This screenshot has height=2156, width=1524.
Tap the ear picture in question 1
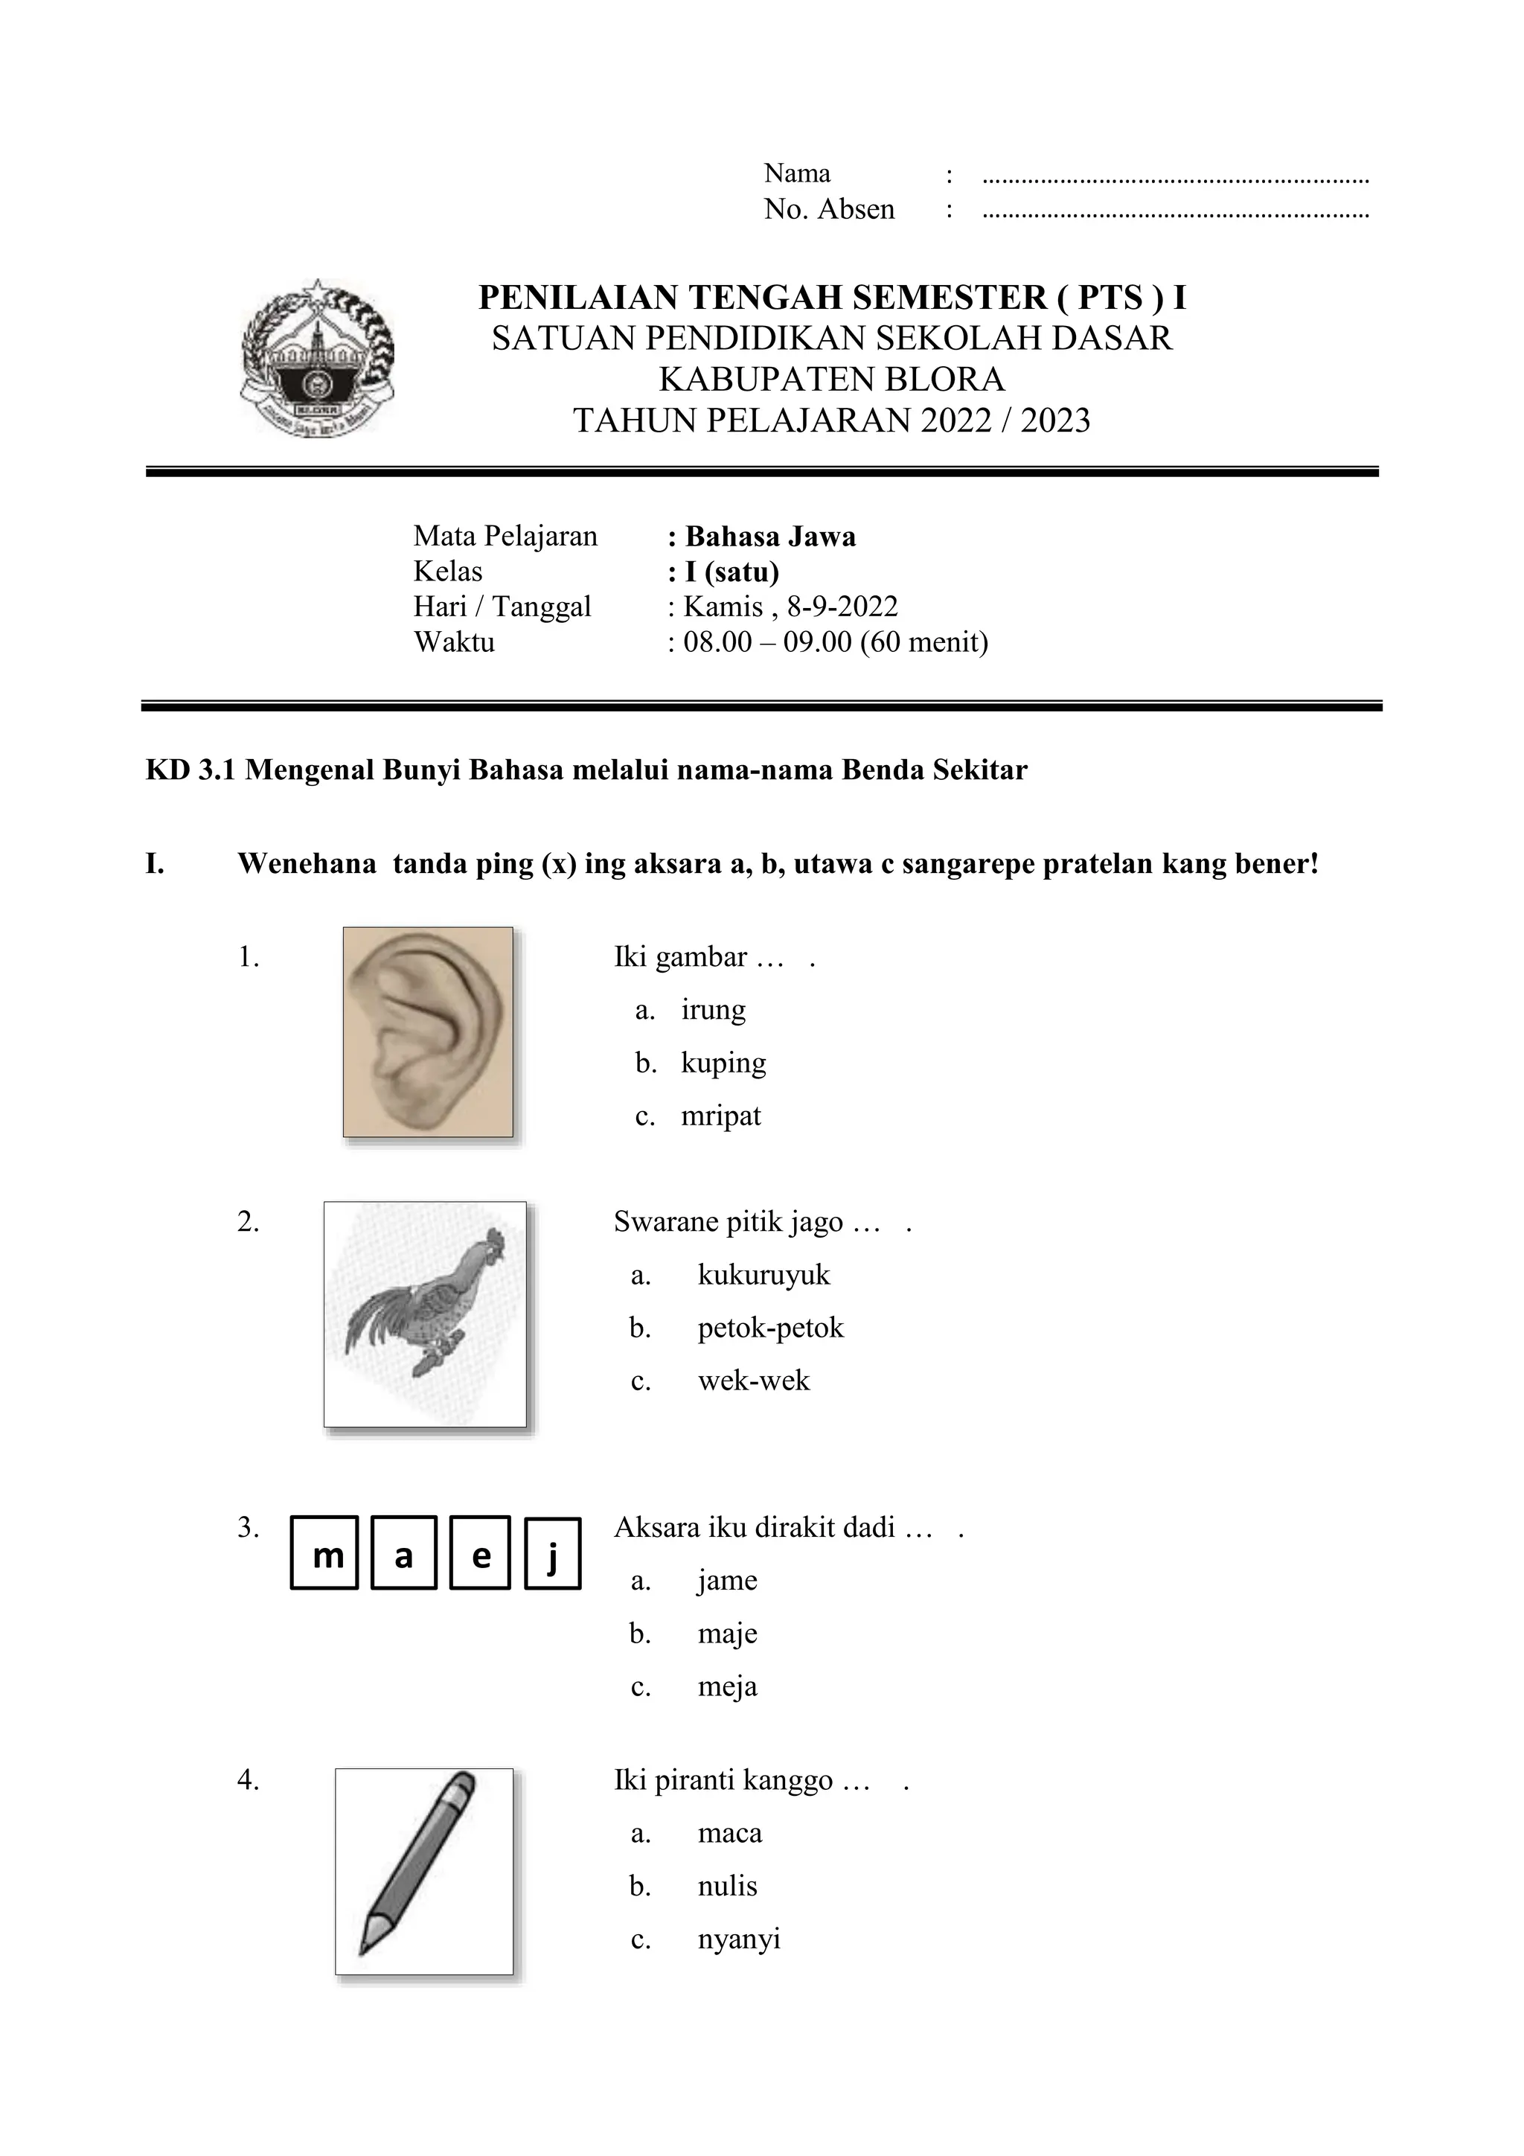tap(427, 1032)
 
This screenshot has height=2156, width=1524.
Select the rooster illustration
tap(424, 1314)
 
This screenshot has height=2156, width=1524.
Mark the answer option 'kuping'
tap(723, 1063)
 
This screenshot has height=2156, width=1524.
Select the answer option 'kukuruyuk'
tap(763, 1275)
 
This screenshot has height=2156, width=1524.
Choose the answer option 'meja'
tap(727, 1686)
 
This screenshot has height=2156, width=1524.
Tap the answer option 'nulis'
tap(727, 1887)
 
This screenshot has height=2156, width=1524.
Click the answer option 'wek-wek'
tap(753, 1381)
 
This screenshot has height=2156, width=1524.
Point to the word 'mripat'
tap(720, 1116)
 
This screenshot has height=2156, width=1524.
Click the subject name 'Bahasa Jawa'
tap(770, 537)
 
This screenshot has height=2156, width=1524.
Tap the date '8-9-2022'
tap(842, 607)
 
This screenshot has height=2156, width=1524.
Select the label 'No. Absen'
tap(828, 209)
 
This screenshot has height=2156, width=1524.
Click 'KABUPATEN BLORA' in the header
tap(831, 380)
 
